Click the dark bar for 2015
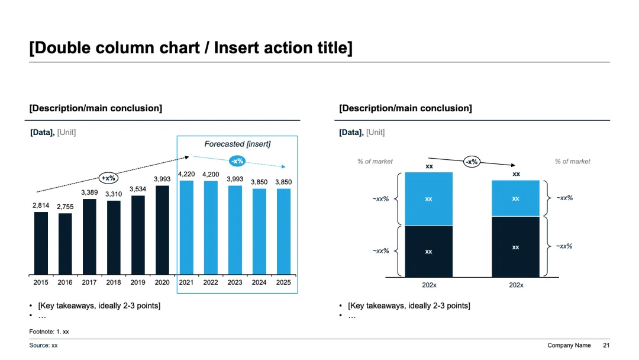pyautogui.click(x=41, y=243)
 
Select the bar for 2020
pyautogui.click(x=162, y=230)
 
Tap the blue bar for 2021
pyautogui.click(x=186, y=228)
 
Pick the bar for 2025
pyautogui.click(x=283, y=232)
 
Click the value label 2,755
pyautogui.click(x=65, y=207)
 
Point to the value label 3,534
pyautogui.click(x=138, y=189)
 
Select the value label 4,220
pyautogui.click(x=186, y=174)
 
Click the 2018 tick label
pyautogui.click(x=113, y=282)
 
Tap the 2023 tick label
pyautogui.click(x=235, y=282)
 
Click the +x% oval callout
pyautogui.click(x=108, y=178)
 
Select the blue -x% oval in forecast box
pyautogui.click(x=237, y=161)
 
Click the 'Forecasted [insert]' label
pyautogui.click(x=237, y=144)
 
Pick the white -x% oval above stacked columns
pyautogui.click(x=472, y=162)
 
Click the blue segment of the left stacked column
pyautogui.click(x=429, y=198)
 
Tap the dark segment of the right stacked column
pyautogui.click(x=515, y=247)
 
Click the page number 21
pyautogui.click(x=606, y=345)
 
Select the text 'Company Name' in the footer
pyautogui.click(x=569, y=345)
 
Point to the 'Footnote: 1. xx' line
pyautogui.click(x=49, y=332)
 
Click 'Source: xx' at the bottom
pyautogui.click(x=43, y=345)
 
